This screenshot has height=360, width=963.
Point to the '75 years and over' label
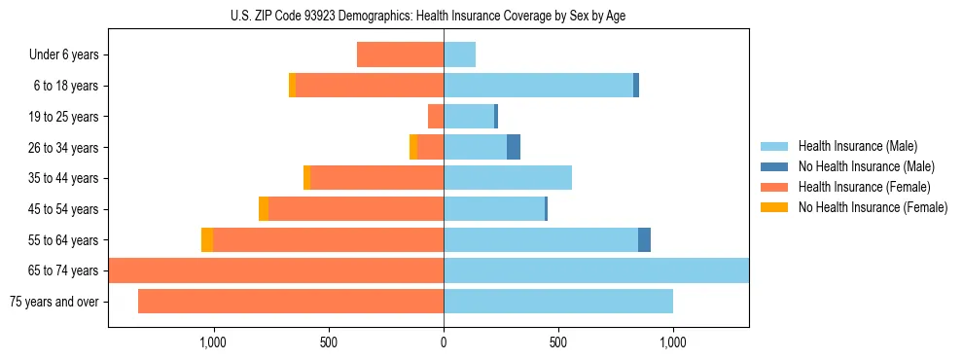(x=54, y=302)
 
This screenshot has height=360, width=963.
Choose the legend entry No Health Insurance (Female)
(x=873, y=207)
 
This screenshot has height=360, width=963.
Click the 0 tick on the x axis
(x=444, y=342)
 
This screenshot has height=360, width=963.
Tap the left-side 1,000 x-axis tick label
(x=214, y=342)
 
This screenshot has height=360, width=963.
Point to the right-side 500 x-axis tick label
(x=558, y=342)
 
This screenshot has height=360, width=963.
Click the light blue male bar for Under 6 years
(x=459, y=54)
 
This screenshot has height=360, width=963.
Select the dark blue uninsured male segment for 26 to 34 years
(x=514, y=147)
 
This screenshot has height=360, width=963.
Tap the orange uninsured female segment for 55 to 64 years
(x=207, y=239)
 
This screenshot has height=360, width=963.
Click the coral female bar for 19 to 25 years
(x=436, y=117)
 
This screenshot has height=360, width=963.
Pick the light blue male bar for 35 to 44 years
(x=508, y=178)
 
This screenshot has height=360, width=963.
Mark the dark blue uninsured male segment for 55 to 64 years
(x=644, y=239)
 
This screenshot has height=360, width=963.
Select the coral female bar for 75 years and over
(x=291, y=302)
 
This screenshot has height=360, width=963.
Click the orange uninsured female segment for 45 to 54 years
(x=264, y=209)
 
